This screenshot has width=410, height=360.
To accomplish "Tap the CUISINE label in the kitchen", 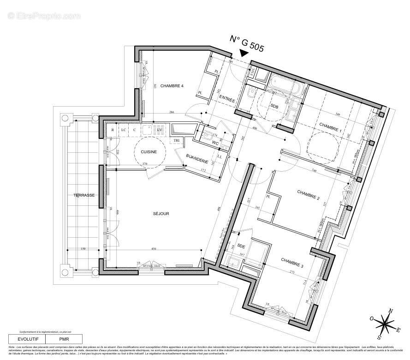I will pos(149,152).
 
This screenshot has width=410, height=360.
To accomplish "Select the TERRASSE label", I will pos(84,195).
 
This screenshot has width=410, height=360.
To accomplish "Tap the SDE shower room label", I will pos(241,246).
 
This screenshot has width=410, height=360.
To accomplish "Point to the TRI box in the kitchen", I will pos(178,141).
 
